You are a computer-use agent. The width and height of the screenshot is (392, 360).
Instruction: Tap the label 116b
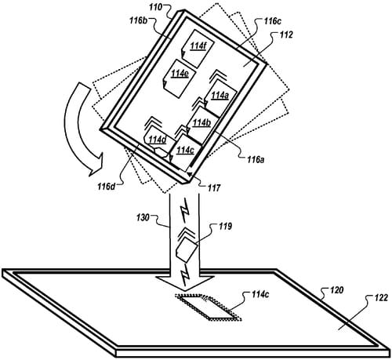139,20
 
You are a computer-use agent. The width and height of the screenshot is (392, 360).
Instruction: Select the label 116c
272,21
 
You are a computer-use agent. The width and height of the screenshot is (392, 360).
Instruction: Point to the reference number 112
286,35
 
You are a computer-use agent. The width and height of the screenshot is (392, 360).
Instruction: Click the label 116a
256,159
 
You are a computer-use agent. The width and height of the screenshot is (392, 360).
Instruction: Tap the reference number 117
214,187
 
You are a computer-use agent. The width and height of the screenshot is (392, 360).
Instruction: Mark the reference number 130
143,217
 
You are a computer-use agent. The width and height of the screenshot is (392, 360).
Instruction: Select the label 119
225,226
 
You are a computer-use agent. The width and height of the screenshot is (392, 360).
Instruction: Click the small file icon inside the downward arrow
186,249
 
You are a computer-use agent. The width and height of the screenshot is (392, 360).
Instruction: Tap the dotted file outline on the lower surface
209,307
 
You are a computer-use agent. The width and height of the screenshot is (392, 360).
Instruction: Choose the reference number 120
336,290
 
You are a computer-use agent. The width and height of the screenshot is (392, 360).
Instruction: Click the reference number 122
380,297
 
